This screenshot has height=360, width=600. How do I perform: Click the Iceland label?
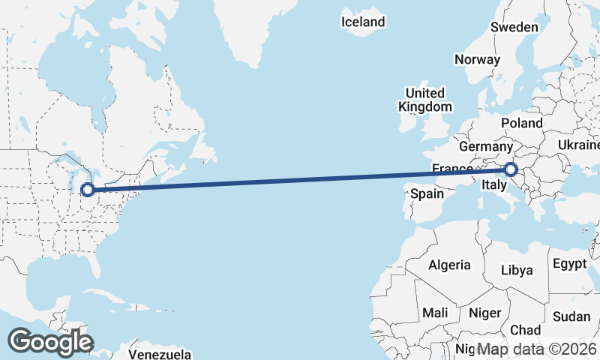363,22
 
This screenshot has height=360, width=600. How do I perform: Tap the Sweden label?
514,27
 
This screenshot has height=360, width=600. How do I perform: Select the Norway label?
477,59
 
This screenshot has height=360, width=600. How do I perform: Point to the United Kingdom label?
425,100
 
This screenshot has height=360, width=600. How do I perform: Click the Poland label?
523,122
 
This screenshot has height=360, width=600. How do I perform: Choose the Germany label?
485,145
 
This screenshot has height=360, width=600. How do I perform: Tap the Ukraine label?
579,144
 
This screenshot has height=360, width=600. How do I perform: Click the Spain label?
427,193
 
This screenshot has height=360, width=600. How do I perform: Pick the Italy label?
498,184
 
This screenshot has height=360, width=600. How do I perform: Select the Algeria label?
449,265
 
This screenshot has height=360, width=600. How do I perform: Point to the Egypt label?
569,264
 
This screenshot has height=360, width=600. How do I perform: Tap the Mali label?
435,312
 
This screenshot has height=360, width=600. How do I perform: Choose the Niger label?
484,312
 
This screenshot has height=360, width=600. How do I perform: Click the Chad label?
525,330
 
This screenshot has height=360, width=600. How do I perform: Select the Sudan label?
571,316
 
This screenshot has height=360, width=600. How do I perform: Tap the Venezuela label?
160,354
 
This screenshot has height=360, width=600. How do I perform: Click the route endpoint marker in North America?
88,190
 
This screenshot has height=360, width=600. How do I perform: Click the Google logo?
50,342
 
